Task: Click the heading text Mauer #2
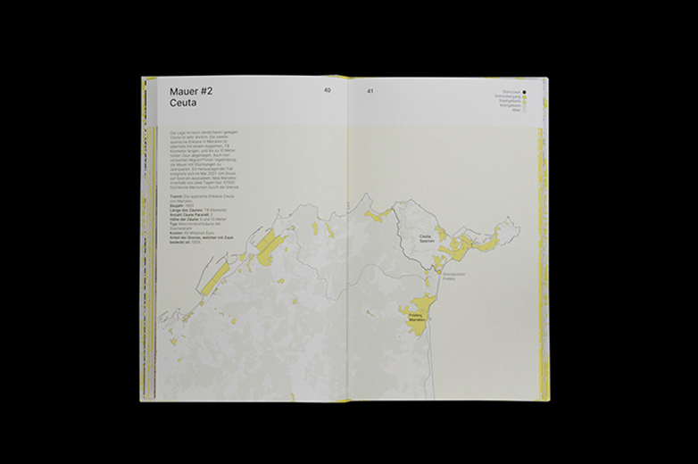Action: (x=190, y=91)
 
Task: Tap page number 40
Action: (x=328, y=91)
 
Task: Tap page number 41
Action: (x=370, y=91)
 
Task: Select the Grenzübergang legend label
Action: (x=507, y=96)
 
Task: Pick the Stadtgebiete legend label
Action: (x=510, y=101)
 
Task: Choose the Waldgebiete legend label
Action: (x=510, y=106)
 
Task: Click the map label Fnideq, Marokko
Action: (x=417, y=316)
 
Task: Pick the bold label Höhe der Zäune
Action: (x=173, y=218)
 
